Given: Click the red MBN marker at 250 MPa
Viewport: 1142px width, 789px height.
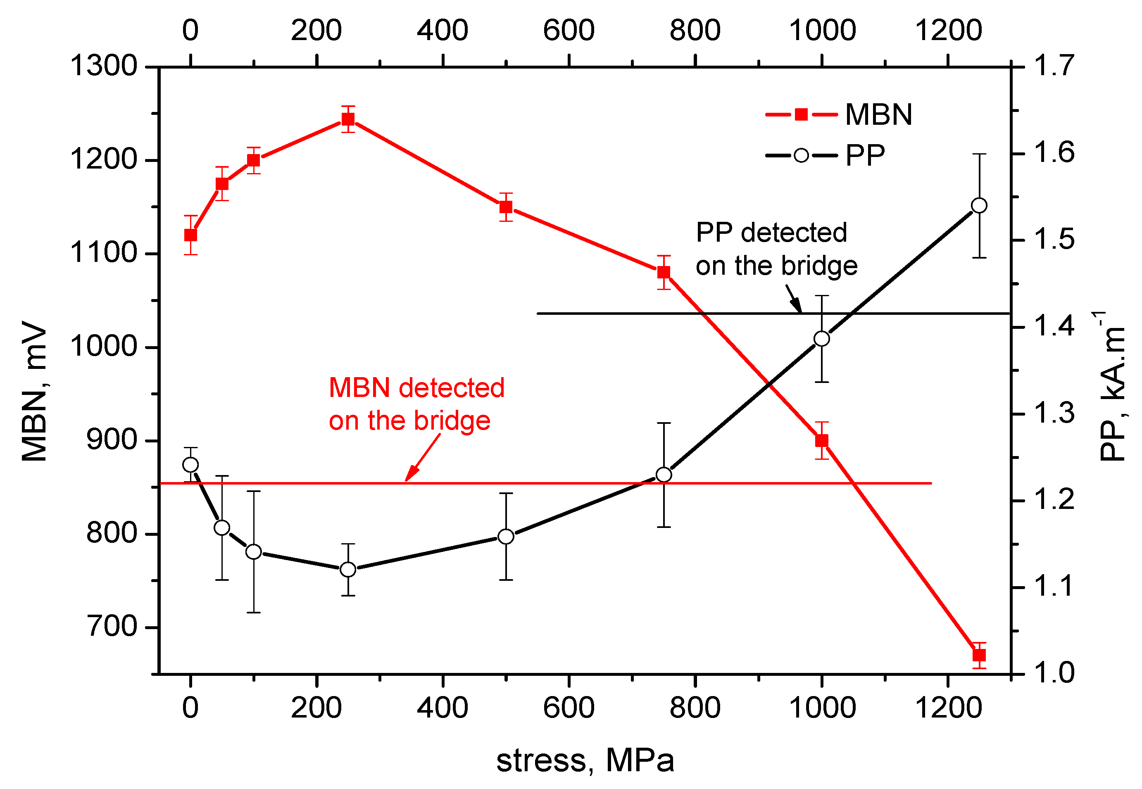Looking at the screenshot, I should point(348,119).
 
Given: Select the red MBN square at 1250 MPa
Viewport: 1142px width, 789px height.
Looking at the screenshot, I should point(979,655).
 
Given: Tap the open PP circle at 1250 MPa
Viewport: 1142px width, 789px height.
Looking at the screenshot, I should point(979,206).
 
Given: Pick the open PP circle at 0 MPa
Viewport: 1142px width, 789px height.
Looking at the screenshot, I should point(190,465).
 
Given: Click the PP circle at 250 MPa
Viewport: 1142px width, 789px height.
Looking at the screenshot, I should point(348,570).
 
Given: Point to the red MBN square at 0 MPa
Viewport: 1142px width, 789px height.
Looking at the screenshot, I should point(190,235).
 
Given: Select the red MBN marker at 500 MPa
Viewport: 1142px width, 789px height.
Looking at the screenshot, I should point(506,207).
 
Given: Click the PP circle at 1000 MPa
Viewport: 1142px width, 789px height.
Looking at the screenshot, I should point(822,339).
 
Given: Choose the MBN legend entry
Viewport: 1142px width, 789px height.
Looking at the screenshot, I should point(838,115).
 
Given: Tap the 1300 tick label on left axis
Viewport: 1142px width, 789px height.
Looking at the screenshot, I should point(103,66).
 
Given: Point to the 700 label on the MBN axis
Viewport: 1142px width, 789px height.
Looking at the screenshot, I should point(111,627).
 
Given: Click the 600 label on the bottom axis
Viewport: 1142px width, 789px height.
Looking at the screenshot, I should point(569,708).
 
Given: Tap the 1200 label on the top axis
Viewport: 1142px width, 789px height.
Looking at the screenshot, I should point(948,30).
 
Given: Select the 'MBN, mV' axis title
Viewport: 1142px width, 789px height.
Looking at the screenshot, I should point(35,390).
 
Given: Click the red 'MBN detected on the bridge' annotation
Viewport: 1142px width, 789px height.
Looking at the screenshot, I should point(416,404).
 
